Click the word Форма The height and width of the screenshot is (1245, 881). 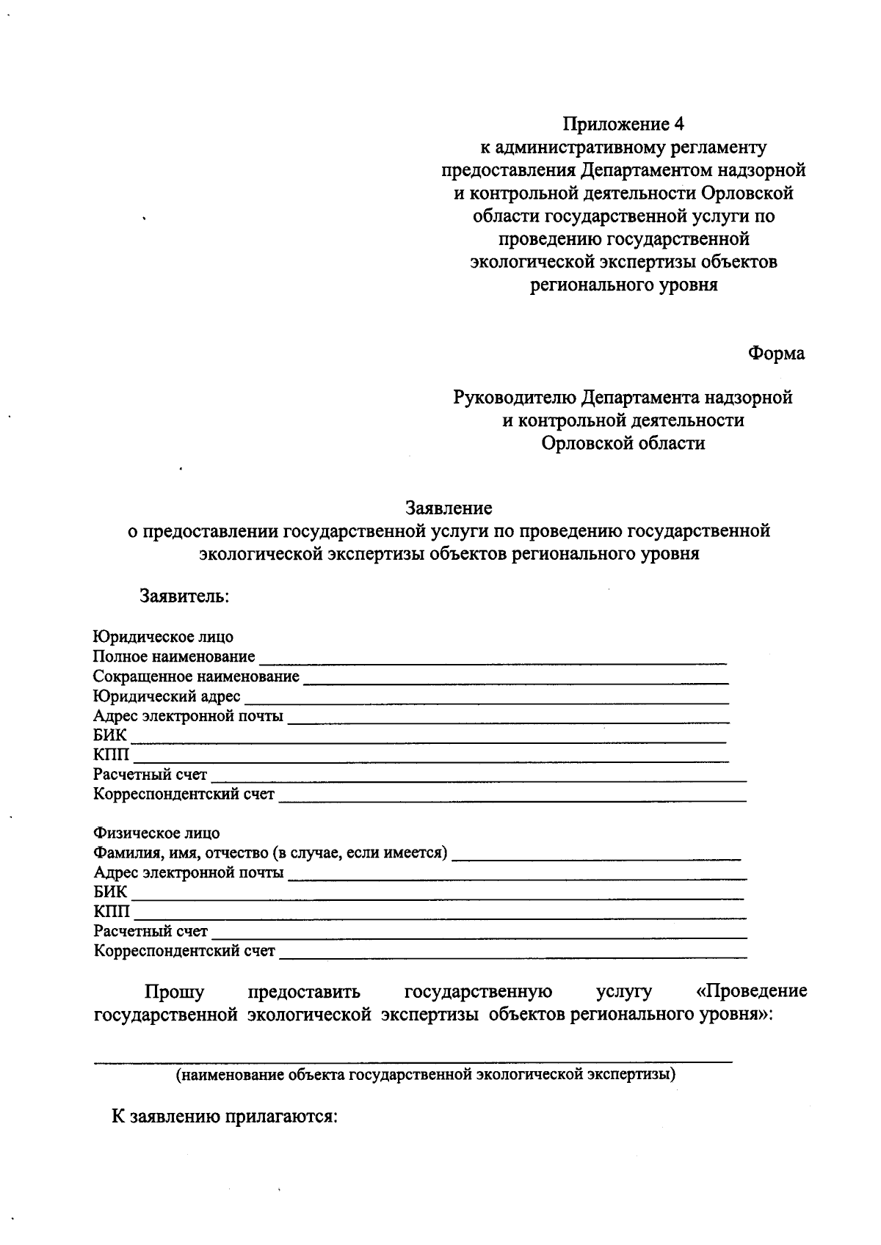click(776, 354)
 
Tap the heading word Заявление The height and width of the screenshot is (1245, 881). click(449, 508)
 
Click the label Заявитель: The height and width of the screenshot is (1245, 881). click(185, 596)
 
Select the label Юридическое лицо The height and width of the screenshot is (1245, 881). click(163, 637)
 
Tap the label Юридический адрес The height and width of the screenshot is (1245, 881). click(167, 696)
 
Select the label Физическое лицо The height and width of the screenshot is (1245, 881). click(156, 833)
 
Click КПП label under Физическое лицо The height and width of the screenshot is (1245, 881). click(112, 912)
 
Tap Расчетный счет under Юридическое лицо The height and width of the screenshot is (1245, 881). click(151, 775)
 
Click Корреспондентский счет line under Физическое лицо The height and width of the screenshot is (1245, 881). click(512, 955)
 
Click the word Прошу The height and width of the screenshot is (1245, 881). click(174, 992)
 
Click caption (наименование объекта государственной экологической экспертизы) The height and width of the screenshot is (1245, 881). click(425, 1076)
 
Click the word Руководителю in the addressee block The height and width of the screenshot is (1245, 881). click(515, 398)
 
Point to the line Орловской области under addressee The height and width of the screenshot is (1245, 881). click(623, 443)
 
